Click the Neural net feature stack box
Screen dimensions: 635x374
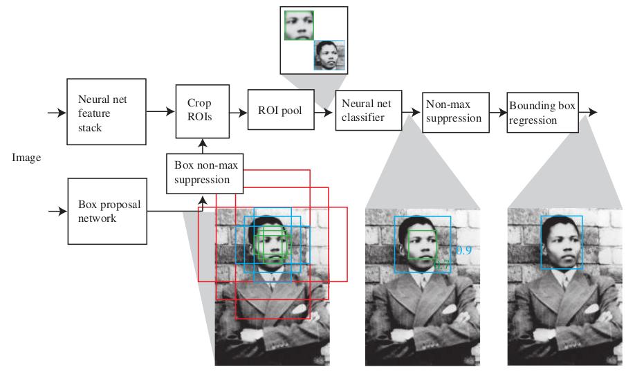[x=106, y=112]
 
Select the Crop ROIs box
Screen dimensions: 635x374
[x=203, y=111]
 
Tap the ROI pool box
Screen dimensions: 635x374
[x=281, y=110]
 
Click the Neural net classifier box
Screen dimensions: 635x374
[x=369, y=111]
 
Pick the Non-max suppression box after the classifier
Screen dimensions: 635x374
[x=456, y=113]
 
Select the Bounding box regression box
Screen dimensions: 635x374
[x=543, y=113]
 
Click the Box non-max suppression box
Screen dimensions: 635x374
[x=205, y=174]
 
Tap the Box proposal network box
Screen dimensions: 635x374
[x=107, y=212]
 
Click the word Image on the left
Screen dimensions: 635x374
[x=26, y=158]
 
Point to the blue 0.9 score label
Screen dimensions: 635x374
[x=464, y=250]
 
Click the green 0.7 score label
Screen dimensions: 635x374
[x=441, y=265]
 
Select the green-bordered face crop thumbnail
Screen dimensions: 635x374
[x=299, y=25]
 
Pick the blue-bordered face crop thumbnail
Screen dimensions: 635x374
[x=329, y=55]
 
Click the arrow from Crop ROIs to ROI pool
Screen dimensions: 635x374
[x=239, y=113]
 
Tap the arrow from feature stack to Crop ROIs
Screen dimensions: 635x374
[x=160, y=111]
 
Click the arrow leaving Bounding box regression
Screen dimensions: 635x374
[x=588, y=112]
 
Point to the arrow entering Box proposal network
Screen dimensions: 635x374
[x=57, y=211]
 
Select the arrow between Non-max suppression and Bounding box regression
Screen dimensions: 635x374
[x=498, y=113]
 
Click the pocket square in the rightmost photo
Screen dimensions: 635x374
[x=591, y=309]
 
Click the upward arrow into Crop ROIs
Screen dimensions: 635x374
[x=203, y=146]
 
